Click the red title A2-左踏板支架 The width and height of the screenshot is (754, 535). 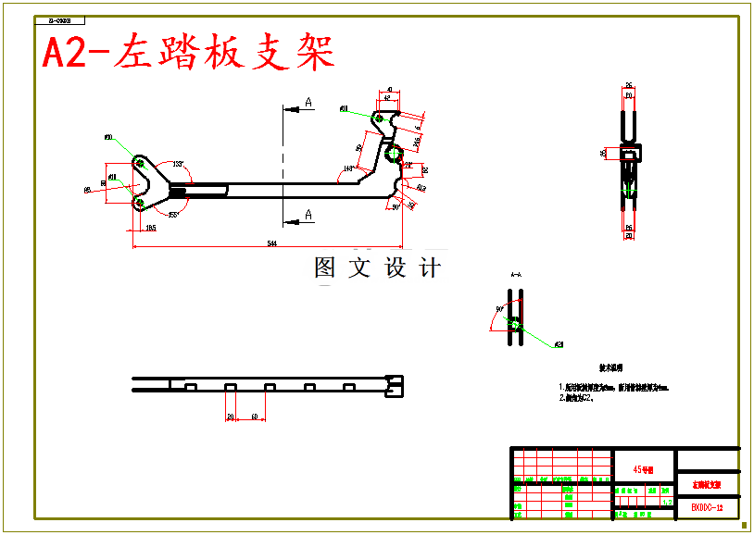[x=189, y=54]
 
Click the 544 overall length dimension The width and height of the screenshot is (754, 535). [x=271, y=243]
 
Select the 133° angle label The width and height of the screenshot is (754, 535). [x=178, y=164]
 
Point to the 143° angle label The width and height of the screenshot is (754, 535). [x=348, y=168]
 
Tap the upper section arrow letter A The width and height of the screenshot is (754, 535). [x=308, y=103]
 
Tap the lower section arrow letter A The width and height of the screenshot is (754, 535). [x=308, y=215]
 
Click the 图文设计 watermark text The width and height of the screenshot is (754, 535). [x=377, y=268]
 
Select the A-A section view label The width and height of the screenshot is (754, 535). [x=515, y=275]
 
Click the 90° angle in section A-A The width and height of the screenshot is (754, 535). [x=499, y=309]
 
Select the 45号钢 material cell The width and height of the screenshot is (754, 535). [x=644, y=469]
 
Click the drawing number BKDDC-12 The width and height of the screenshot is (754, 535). [x=707, y=508]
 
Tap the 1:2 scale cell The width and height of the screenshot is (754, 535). [x=667, y=503]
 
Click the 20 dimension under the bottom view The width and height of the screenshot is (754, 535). [x=231, y=417]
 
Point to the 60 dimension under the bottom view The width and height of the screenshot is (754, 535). [x=253, y=417]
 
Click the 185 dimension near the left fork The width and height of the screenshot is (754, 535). [x=150, y=227]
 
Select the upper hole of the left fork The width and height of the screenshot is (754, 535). [x=139, y=165]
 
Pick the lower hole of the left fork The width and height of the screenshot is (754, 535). [x=139, y=201]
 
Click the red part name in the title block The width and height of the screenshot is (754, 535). [x=707, y=484]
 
